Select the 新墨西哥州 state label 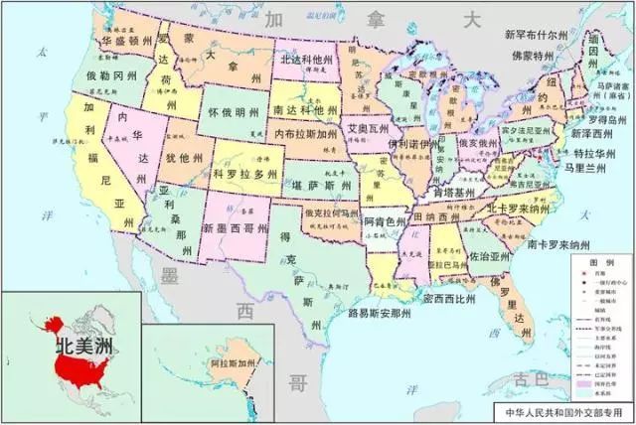pyautogui.click(x=236, y=228)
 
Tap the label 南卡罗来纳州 pyautogui.click(x=564, y=243)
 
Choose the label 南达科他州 pyautogui.click(x=305, y=107)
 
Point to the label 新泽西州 pyautogui.click(x=593, y=132)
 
